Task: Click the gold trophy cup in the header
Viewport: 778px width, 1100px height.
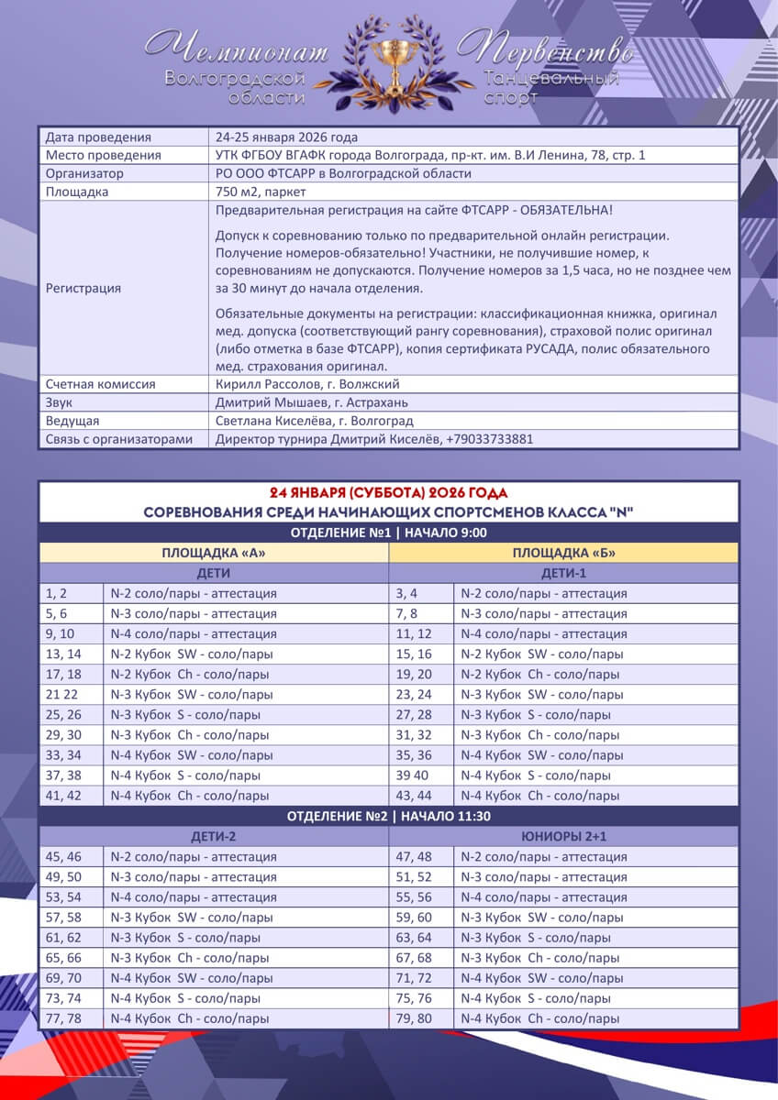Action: coord(388,51)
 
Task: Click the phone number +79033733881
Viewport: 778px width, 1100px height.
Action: coord(489,439)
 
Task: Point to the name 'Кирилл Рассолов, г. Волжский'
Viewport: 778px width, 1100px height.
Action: coord(307,384)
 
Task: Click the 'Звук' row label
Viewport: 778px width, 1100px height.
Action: coord(61,402)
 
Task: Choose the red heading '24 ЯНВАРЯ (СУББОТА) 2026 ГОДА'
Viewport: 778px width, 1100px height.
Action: coord(388,492)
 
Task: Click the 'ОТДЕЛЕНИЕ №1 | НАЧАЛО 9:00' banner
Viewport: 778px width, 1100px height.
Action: coord(388,533)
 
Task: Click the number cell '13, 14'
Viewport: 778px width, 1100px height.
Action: coord(63,654)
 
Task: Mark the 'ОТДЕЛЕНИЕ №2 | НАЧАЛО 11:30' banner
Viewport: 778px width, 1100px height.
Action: coord(388,816)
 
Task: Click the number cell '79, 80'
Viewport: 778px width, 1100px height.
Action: coord(413,1018)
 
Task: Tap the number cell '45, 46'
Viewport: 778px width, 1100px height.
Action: coord(63,856)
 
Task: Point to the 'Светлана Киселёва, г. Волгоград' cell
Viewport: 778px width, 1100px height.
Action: coord(314,421)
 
